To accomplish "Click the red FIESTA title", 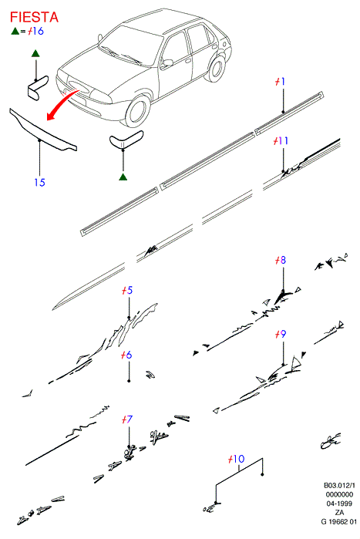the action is click(34, 17).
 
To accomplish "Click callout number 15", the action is click(39, 182).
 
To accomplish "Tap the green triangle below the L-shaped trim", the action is click(123, 177).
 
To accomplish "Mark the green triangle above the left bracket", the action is click(35, 53).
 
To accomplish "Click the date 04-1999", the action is click(339, 504).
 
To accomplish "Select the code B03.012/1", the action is click(339, 486).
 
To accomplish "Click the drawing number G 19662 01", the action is click(339, 521).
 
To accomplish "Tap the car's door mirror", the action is click(168, 63).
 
